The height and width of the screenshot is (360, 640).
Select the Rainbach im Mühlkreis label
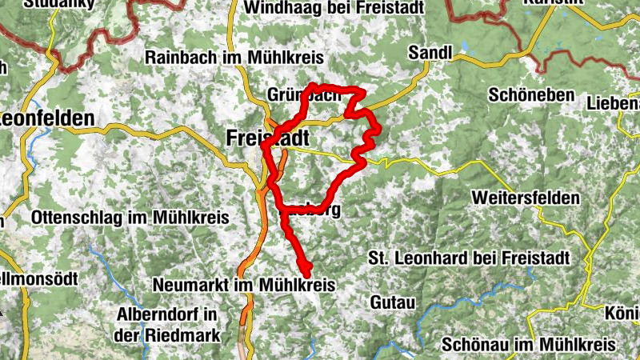[x=233, y=58]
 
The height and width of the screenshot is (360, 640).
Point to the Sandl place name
[x=430, y=53]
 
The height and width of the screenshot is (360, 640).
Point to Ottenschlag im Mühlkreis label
[x=130, y=217]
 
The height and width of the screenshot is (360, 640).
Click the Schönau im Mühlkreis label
[x=530, y=344]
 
